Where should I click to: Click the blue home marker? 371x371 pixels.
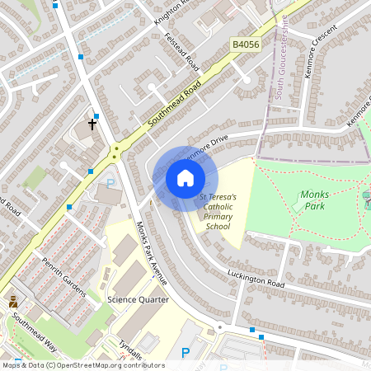coord(185,178)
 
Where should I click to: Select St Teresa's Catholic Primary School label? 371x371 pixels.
coord(218,212)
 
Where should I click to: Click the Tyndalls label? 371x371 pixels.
coord(130,350)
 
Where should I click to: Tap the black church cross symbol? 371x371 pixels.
coord(92,124)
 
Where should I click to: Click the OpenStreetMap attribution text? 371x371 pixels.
coord(82,365)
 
